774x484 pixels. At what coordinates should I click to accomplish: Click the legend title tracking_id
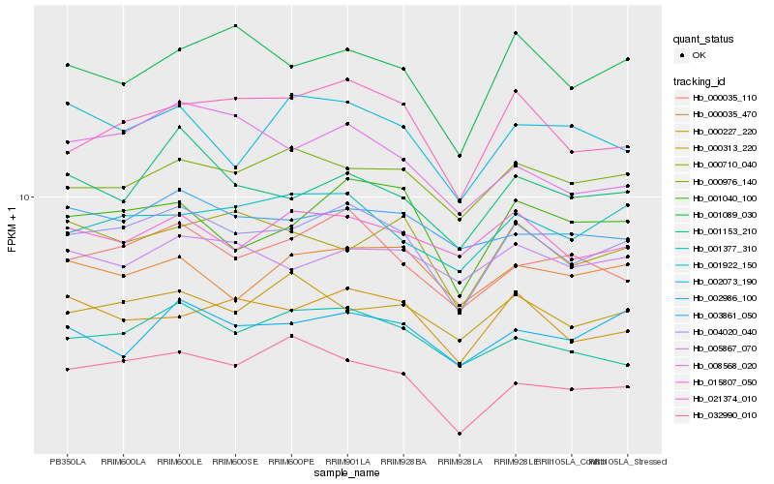(x=702, y=80)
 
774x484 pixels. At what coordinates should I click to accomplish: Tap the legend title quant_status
(x=704, y=39)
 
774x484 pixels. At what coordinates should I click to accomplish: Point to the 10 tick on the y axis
(x=26, y=197)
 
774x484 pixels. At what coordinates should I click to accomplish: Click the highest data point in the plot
(x=235, y=25)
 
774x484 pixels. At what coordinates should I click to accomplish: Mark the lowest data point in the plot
(x=460, y=434)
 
